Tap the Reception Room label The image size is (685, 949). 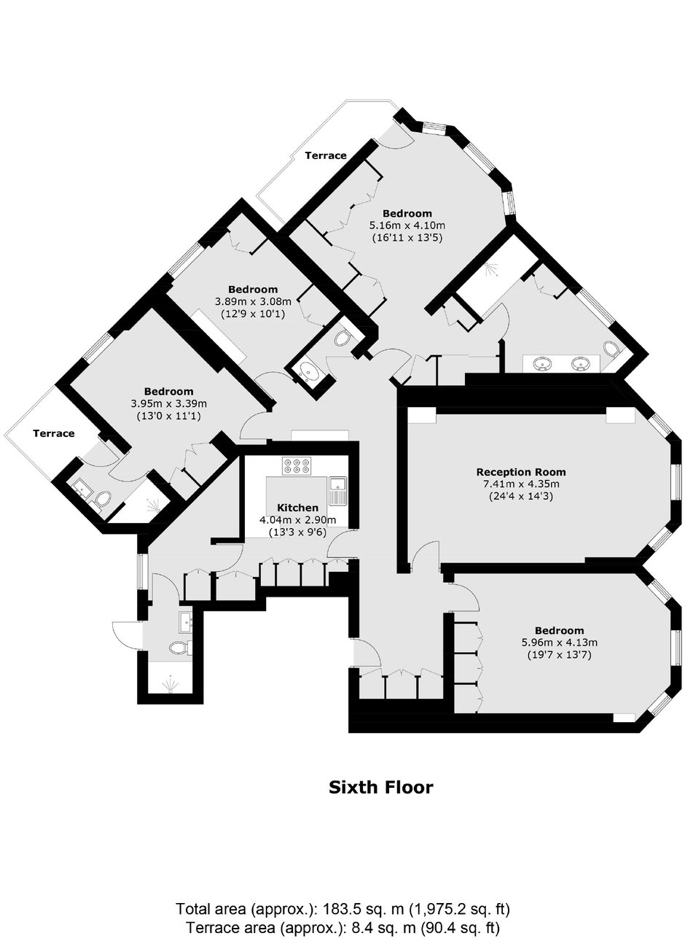click(521, 472)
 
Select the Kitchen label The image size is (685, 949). click(297, 508)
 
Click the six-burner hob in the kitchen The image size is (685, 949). click(297, 465)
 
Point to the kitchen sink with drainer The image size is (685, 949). click(338, 491)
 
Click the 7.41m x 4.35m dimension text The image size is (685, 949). click(521, 484)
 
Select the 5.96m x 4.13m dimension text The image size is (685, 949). click(559, 642)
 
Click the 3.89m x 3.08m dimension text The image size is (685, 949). click(253, 302)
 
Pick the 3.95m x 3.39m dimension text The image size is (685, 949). click(168, 404)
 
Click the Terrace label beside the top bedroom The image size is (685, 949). click(326, 155)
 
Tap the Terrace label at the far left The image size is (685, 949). click(54, 433)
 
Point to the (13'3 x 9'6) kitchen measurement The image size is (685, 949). click(297, 532)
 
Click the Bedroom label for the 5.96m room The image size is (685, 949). click(559, 631)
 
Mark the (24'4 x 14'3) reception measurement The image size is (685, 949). click(521, 495)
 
